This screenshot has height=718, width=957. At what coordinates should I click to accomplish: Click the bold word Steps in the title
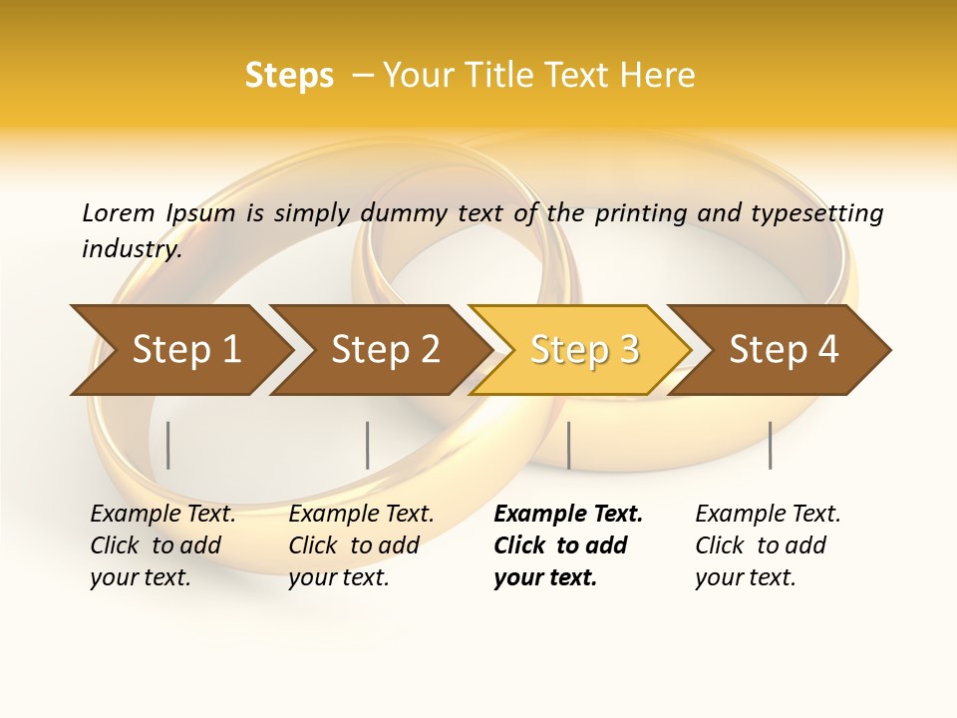click(x=289, y=76)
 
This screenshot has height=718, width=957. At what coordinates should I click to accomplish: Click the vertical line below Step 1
click(x=168, y=445)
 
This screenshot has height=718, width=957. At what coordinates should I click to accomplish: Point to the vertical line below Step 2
click(x=368, y=445)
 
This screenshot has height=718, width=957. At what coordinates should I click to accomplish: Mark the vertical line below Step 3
click(x=568, y=445)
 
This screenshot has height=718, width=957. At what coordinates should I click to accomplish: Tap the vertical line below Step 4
click(x=770, y=445)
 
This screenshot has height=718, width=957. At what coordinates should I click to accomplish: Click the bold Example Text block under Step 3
click(x=567, y=545)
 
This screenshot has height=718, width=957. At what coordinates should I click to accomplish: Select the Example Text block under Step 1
click(x=162, y=545)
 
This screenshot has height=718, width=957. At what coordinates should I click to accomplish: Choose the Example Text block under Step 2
click(x=361, y=545)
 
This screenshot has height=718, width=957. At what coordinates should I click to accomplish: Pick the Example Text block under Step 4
click(x=768, y=545)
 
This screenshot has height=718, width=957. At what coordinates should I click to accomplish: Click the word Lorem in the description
click(x=119, y=212)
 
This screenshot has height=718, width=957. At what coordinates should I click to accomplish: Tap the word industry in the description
click(x=131, y=249)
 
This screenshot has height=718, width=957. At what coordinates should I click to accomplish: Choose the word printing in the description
click(x=635, y=213)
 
